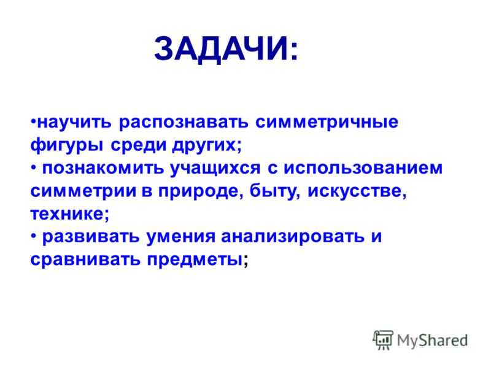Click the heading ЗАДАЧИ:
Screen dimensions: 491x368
tap(226, 49)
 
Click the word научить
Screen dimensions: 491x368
tap(74, 122)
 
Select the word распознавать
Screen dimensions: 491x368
tap(184, 123)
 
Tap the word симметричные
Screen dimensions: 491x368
tap(327, 122)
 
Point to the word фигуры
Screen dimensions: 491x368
tap(67, 145)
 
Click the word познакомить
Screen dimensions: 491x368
tap(103, 168)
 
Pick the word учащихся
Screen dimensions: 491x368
tap(215, 169)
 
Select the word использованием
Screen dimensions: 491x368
tap(363, 168)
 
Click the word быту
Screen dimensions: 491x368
tap(273, 191)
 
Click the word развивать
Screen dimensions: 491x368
tap(91, 237)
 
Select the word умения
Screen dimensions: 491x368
tap(180, 237)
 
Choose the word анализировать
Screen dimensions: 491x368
tap(293, 237)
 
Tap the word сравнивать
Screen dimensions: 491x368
tap(85, 259)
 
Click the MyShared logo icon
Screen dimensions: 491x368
tap(383, 340)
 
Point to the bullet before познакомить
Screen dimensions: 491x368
tap(34, 168)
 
